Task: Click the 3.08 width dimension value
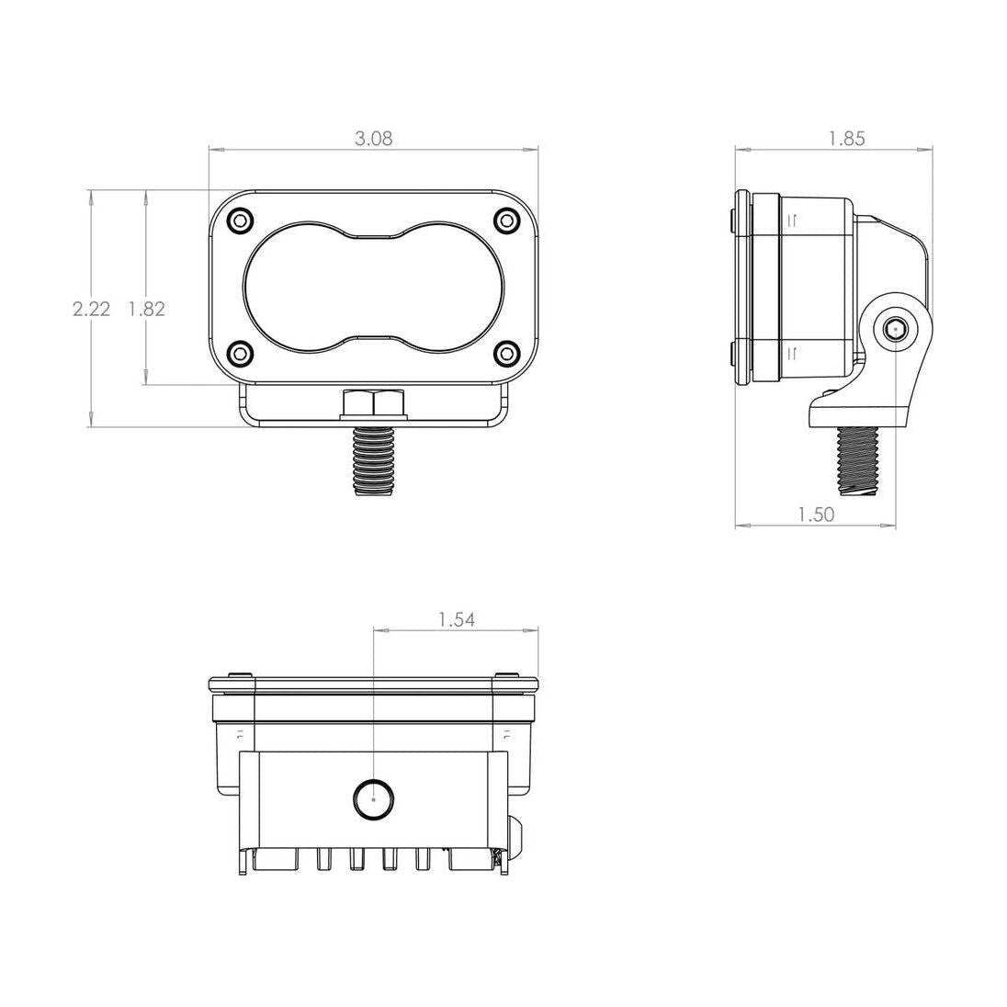click(x=374, y=139)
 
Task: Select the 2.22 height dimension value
click(x=91, y=309)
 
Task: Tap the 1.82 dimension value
click(x=147, y=309)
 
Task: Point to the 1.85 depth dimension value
click(x=846, y=139)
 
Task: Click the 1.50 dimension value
click(x=817, y=515)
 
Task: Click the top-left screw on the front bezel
click(x=241, y=221)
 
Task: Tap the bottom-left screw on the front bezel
click(x=241, y=352)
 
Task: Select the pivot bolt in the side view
click(x=896, y=329)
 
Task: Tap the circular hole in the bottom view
click(x=374, y=798)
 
